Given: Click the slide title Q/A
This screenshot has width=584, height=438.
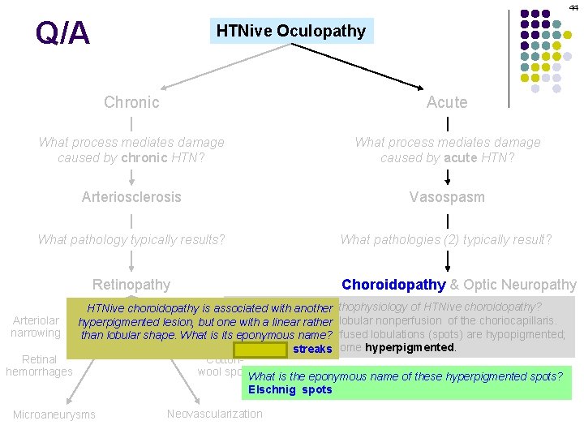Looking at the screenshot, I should click(x=62, y=33).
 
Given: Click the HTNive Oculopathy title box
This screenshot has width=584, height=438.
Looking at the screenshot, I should click(x=291, y=31).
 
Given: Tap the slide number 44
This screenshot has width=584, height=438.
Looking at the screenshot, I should click(x=573, y=6).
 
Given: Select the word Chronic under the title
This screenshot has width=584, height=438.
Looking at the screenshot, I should click(x=131, y=102).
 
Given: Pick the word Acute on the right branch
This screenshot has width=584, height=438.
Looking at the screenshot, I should click(x=447, y=102).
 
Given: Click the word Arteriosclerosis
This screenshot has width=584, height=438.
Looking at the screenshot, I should click(x=131, y=197).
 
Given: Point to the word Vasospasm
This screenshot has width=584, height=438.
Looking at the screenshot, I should click(x=447, y=197).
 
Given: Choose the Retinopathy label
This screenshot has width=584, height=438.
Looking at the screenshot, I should click(x=131, y=285).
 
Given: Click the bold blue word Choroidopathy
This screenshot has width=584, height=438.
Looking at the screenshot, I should click(x=393, y=285).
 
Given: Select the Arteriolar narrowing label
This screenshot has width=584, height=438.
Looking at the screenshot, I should click(x=36, y=326).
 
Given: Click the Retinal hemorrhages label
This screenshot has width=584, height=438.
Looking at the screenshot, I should click(x=39, y=365).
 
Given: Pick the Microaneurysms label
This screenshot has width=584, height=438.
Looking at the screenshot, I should click(x=54, y=415).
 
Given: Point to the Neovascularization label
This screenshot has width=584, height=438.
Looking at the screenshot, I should click(x=214, y=414).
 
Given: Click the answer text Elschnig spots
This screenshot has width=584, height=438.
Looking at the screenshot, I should click(x=290, y=389).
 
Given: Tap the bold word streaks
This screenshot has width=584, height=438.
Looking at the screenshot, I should click(x=312, y=350).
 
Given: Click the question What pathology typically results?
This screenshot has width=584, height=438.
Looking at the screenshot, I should click(x=131, y=239).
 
